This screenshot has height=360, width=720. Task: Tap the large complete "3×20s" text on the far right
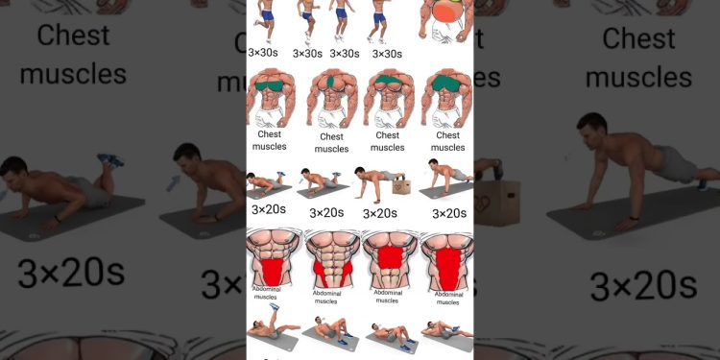642,285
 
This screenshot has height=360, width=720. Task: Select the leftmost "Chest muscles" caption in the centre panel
269,141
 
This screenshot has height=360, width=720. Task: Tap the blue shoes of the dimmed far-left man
110,160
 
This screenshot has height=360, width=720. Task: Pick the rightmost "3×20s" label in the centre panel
449,212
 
